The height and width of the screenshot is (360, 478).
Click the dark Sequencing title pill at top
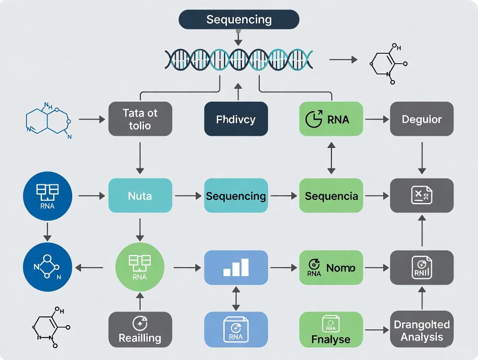coord(239,20)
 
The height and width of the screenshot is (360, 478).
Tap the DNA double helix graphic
coord(239,60)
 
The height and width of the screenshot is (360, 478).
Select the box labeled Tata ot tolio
coord(140,119)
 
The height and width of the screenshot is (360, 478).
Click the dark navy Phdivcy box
coord(236,119)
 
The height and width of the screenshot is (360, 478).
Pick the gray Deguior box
coord(422,119)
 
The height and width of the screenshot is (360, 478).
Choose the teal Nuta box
coord(140,196)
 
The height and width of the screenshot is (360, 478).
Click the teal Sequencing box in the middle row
coord(236,196)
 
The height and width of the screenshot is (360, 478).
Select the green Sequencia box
coord(331,196)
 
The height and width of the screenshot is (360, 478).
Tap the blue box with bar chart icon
coord(236,267)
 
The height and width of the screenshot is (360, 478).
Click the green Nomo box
coord(331,267)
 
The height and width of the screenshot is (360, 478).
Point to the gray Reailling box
coord(140,329)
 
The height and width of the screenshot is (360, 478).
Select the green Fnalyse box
coord(331,329)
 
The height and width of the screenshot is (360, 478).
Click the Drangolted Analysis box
coord(422,329)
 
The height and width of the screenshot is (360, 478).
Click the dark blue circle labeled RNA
coord(47,196)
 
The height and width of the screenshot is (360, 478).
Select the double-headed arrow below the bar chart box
coord(236,298)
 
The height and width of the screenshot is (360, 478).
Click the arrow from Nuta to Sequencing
coord(188,196)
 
